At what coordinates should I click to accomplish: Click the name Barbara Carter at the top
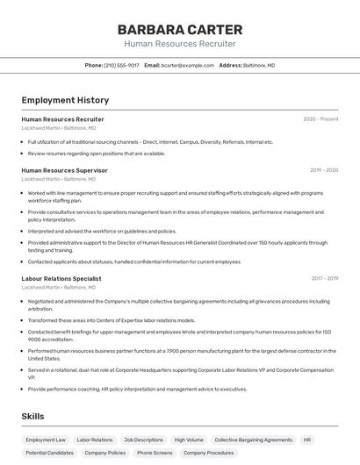[x=179, y=29]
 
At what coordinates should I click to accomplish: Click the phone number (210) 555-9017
[x=121, y=65]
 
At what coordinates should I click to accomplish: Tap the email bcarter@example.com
[x=187, y=65]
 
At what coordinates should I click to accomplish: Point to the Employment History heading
[x=65, y=101]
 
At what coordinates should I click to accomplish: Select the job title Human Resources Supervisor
[x=64, y=170]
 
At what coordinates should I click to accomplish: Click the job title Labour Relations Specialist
[x=61, y=278]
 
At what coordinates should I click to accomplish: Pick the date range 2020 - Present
[x=320, y=119]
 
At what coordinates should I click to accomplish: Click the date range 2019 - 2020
[x=324, y=170]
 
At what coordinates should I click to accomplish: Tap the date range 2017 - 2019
[x=325, y=278]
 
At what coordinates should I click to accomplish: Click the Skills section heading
[x=32, y=416]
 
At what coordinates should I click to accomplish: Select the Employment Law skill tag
[x=46, y=440]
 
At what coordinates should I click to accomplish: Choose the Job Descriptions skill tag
[x=143, y=440]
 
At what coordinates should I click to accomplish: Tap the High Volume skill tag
[x=188, y=440]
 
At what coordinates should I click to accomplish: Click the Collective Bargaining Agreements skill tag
[x=253, y=440]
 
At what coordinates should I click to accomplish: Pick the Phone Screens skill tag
[x=155, y=453]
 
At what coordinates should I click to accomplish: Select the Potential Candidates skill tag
[x=49, y=453]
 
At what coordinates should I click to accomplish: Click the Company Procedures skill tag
[x=208, y=453]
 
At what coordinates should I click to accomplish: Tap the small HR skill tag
[x=307, y=440]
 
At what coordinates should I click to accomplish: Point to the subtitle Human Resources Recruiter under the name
[x=179, y=43]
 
